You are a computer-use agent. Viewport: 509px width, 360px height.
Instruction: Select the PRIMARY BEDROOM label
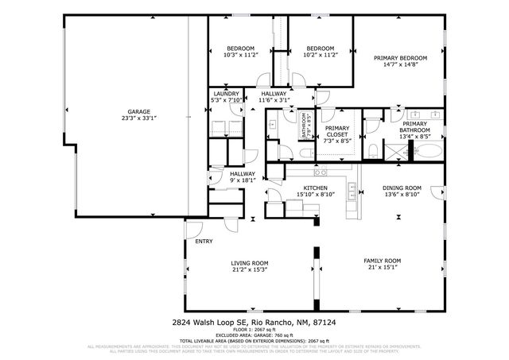click(x=401, y=58)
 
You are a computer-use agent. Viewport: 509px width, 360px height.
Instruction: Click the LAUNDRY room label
click(x=226, y=93)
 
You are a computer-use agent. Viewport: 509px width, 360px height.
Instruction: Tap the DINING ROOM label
click(x=402, y=188)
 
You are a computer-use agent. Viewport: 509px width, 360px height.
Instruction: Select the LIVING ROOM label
click(x=249, y=263)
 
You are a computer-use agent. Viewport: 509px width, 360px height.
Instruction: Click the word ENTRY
click(x=204, y=241)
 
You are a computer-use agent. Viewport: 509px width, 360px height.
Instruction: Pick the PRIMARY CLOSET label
click(x=336, y=131)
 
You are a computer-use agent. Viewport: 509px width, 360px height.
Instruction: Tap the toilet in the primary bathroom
click(x=373, y=150)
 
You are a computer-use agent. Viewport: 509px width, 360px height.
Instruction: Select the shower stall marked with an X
click(x=395, y=150)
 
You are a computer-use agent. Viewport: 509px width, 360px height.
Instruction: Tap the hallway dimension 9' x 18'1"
click(x=243, y=180)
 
